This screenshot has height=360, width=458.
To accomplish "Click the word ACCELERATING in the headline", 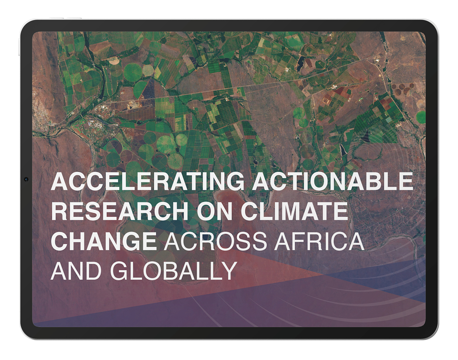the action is tap(147, 181).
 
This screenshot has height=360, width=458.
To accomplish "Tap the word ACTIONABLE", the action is tap(333, 181).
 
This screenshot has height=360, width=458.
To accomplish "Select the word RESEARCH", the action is tap(120, 211).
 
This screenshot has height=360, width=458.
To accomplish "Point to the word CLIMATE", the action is tap(294, 211).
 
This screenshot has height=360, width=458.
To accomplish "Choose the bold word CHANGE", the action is tap(104, 241).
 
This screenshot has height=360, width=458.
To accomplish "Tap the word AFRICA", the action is tap(319, 241).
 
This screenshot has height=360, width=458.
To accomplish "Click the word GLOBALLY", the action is tap(174, 271).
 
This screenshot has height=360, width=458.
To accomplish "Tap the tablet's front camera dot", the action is tap(26, 179).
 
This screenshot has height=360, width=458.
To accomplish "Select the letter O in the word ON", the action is tap(206, 211).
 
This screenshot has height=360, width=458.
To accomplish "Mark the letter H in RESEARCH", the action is tap(180, 211).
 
